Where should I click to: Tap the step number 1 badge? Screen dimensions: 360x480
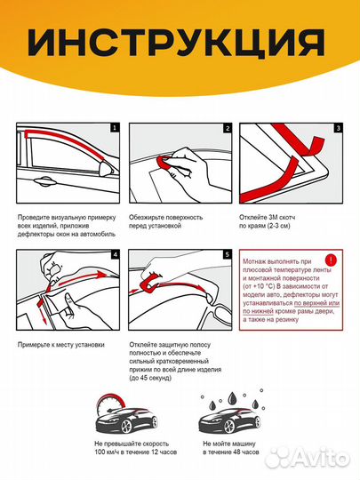pyautogui.click(x=115, y=128)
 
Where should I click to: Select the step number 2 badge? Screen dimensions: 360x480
pyautogui.click(x=228, y=128)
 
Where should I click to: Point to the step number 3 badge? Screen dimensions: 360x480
pyautogui.click(x=338, y=128)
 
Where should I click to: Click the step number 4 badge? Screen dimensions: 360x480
pyautogui.click(x=115, y=254)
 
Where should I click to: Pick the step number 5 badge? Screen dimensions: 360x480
pyautogui.click(x=228, y=254)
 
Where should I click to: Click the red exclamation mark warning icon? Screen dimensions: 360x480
pyautogui.click(x=331, y=260)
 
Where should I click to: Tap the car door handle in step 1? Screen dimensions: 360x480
pyautogui.click(x=44, y=181)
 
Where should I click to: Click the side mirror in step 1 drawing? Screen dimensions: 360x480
pyautogui.click(x=105, y=168)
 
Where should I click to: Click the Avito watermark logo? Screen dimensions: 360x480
pyautogui.click(x=307, y=458)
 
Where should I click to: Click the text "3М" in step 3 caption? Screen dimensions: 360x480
pyautogui.click(x=272, y=218)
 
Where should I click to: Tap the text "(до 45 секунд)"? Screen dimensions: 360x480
pyautogui.click(x=150, y=378)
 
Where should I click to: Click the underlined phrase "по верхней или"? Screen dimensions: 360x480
pyautogui.click(x=316, y=303)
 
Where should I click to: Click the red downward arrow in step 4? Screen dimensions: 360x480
pyautogui.click(x=42, y=311)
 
